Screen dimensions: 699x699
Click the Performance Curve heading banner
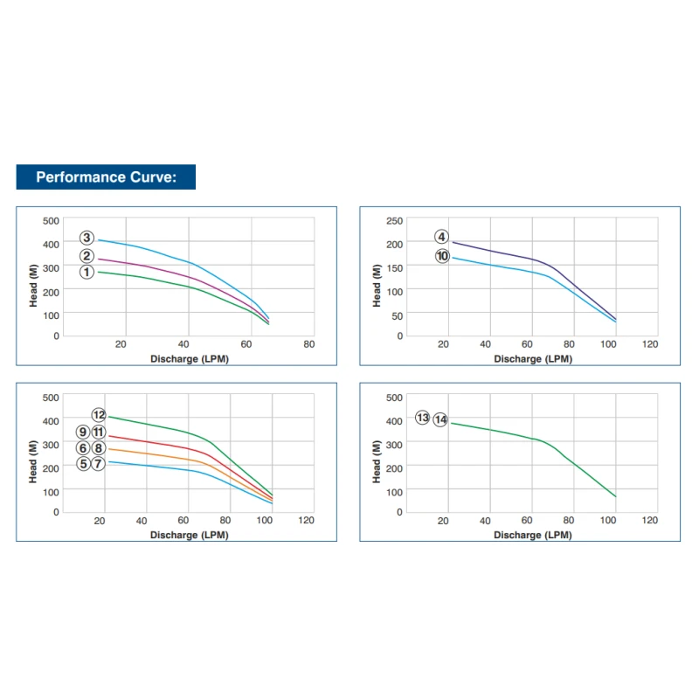[x=106, y=177]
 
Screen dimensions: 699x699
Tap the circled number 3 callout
[x=87, y=238]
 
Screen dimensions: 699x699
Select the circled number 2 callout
[x=87, y=256]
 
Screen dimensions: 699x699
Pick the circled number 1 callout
[x=87, y=272]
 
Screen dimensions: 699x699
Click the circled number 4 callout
[x=442, y=237]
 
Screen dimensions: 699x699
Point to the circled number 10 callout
[x=442, y=256]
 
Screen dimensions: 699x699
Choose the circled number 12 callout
[x=99, y=415]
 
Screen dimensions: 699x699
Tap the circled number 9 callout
[x=83, y=432]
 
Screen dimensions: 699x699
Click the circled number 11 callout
[x=99, y=432]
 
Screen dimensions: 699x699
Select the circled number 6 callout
[x=83, y=448]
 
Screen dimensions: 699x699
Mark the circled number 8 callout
[x=99, y=448]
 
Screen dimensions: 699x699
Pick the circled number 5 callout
[x=83, y=464]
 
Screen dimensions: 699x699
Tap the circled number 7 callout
[x=99, y=464]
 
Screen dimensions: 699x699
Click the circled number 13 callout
[x=423, y=419]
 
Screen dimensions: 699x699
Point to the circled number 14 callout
[x=440, y=419]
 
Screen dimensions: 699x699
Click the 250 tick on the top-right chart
[x=395, y=220]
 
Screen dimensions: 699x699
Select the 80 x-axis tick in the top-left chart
[x=309, y=344]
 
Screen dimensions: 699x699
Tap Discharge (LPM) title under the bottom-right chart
[x=533, y=535]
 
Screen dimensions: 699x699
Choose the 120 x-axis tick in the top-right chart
[x=649, y=344]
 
